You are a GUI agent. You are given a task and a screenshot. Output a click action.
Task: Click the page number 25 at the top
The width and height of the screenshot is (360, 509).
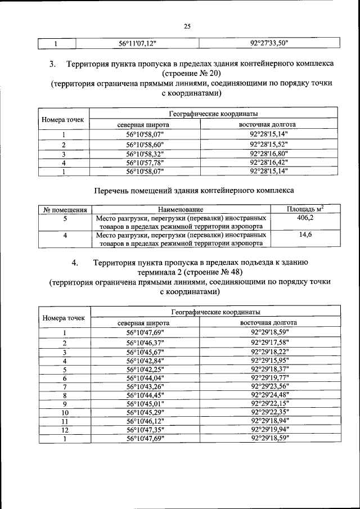tap(187, 25)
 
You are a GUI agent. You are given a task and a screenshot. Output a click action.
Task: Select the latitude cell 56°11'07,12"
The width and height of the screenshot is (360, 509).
tap(137, 43)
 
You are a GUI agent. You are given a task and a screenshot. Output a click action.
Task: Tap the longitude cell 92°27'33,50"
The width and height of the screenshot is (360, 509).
tap(269, 43)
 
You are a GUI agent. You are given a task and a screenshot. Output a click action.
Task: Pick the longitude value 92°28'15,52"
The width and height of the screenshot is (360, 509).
tap(268, 145)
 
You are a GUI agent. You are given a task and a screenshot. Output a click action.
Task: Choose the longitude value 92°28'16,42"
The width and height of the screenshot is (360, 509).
tap(268, 163)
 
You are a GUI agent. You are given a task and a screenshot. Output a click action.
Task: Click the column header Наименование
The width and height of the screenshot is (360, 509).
tap(180, 210)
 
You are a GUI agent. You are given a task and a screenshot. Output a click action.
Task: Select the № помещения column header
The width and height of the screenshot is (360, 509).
tap(64, 210)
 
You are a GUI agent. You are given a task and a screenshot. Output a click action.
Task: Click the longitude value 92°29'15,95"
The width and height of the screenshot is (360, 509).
tap(268, 361)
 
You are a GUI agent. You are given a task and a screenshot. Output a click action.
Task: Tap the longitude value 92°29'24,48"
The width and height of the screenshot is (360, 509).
tap(268, 395)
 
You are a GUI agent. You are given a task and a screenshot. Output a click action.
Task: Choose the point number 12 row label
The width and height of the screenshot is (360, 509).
tap(65, 430)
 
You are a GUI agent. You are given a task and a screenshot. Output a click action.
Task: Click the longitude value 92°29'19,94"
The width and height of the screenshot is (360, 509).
tap(268, 430)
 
